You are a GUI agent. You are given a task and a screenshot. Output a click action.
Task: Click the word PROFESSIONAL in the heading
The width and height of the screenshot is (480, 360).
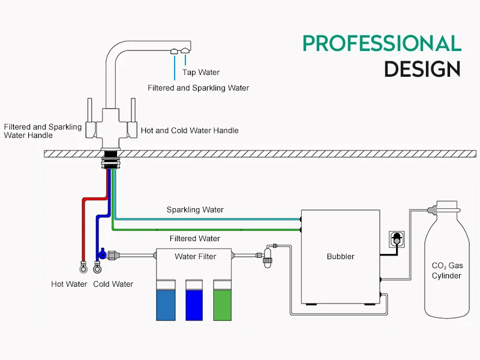coord(382,43)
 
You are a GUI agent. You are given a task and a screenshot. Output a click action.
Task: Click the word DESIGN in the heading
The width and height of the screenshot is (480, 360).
coord(422,69)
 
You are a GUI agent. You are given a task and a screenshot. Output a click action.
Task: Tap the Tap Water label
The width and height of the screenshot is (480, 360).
coord(201,73)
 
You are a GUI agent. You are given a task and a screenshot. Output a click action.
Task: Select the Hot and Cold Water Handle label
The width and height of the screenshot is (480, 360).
coord(189,130)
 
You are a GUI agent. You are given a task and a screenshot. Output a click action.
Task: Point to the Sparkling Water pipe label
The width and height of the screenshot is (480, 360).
coord(195,210)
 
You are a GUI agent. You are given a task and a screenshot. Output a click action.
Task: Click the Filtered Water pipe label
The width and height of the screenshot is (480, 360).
coord(195,238)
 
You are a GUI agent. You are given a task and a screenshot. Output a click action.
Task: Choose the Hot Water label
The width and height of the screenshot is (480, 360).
coord(69,284)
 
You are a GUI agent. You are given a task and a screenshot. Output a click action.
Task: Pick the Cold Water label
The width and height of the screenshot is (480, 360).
coord(113,284)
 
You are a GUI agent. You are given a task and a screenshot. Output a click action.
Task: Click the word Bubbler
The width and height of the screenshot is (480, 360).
coord(340,256)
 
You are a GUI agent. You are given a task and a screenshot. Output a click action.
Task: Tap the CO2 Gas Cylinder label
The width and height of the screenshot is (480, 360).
coord(447,271)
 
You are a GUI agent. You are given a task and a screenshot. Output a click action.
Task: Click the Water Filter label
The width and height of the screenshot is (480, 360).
coord(195,256)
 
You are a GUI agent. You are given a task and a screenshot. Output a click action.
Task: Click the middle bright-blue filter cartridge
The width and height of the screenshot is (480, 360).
coord(196,303)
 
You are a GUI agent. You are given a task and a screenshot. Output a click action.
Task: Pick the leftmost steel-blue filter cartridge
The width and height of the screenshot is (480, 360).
coord(165,303)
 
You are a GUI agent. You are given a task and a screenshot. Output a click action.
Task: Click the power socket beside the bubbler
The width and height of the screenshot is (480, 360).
coord(395,238)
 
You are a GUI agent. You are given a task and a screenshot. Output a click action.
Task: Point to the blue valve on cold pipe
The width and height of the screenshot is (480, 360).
coord(103,254)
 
